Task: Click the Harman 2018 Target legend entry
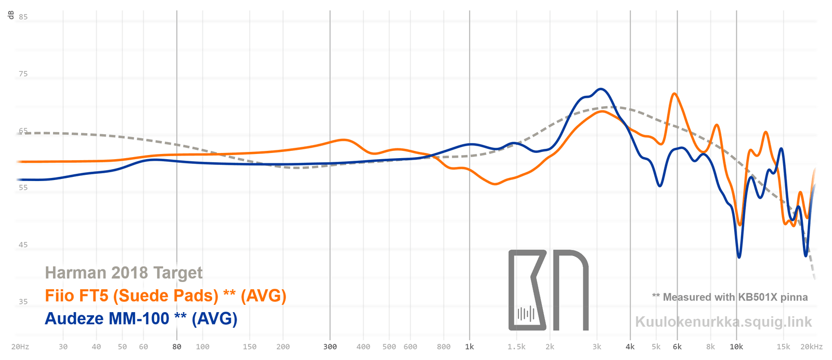pos(124,273)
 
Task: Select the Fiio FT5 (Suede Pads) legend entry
pos(165,295)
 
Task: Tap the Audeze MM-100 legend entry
pos(141,318)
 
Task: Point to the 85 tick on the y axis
pos(23,17)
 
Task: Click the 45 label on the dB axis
pos(23,245)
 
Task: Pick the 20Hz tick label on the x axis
pos(20,346)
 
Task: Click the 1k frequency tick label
pos(470,346)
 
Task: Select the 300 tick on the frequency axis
pos(330,346)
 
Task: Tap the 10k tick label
pos(736,346)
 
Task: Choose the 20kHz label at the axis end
pos(812,346)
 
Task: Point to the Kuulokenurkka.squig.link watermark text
pos(723,322)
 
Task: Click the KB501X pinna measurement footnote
pos(730,297)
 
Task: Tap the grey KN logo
pos(548,290)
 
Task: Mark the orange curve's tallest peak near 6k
pos(674,94)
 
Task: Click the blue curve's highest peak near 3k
pos(601,89)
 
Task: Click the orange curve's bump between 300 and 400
pos(344,140)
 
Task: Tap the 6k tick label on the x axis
pos(677,346)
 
